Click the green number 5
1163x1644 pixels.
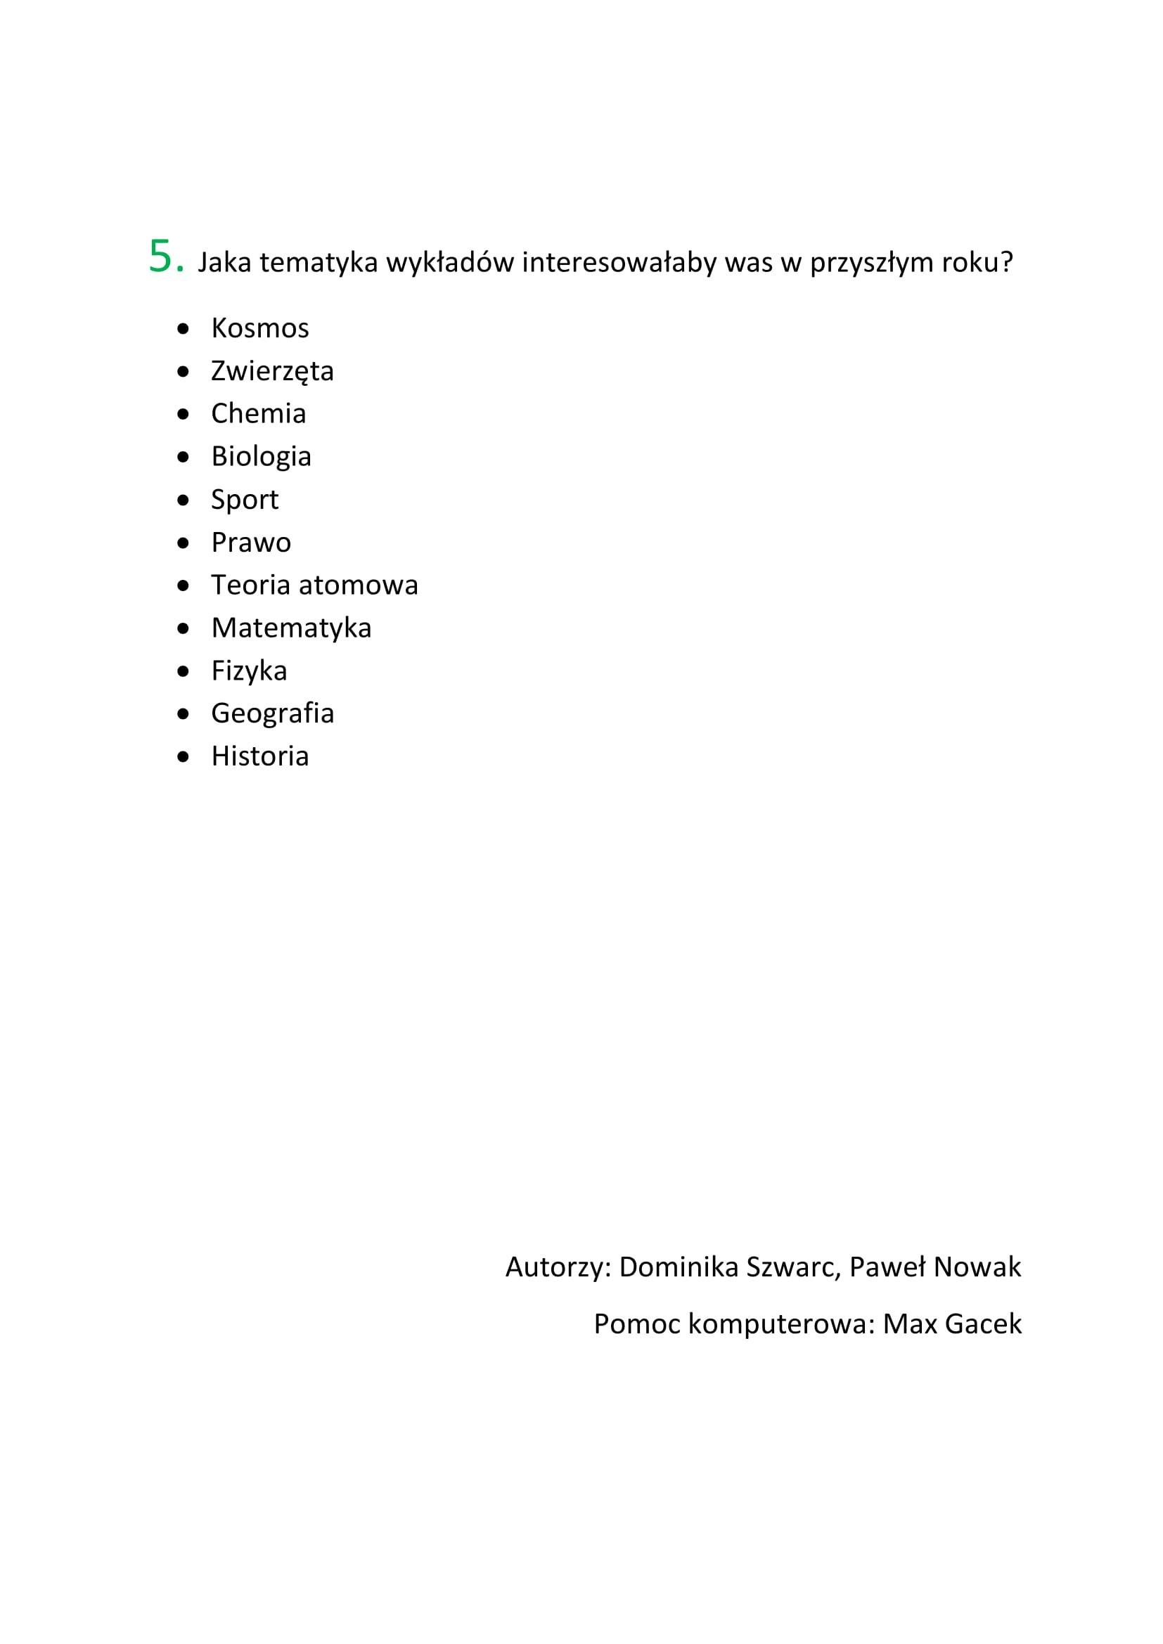click(x=160, y=257)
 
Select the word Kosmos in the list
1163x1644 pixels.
click(x=260, y=329)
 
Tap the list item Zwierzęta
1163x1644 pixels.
click(x=272, y=372)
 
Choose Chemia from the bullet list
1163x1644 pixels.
click(x=259, y=414)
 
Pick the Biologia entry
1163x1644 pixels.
click(x=262, y=457)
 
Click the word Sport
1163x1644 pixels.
click(x=244, y=500)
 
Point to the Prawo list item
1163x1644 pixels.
click(x=251, y=543)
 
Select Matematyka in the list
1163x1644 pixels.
click(x=292, y=628)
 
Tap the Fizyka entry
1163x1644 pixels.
click(x=249, y=671)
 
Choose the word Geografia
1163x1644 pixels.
click(x=273, y=714)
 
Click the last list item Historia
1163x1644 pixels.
click(x=260, y=757)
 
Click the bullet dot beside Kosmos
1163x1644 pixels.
click(x=184, y=329)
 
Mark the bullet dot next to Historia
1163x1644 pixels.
click(x=184, y=757)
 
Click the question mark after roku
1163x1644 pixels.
click(x=1007, y=262)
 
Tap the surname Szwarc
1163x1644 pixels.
click(x=792, y=1267)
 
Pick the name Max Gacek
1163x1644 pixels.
click(x=952, y=1324)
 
